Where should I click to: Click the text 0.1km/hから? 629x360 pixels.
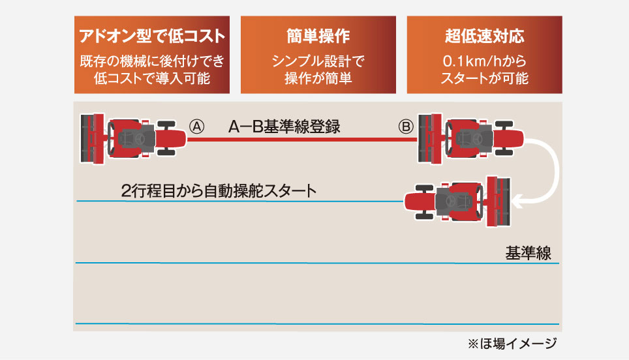point(484,62)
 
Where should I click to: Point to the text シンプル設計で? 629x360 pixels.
point(318,62)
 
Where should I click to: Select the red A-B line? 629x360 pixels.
point(300,140)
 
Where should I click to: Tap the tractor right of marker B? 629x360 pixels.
point(471,138)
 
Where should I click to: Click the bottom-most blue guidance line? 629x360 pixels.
point(317,323)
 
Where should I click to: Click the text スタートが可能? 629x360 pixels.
point(484,79)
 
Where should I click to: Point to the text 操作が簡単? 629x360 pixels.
point(318,79)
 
